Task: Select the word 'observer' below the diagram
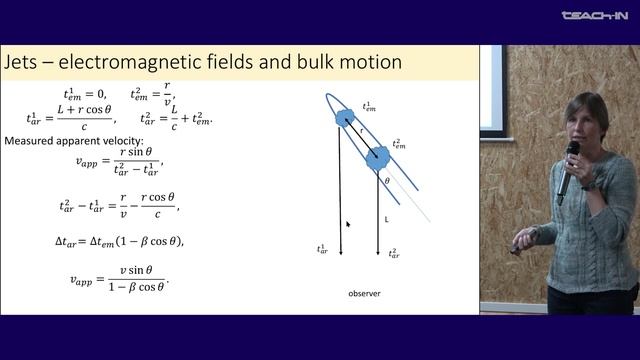pos(365,293)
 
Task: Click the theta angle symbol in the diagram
pos(387,181)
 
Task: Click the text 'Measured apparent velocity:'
pos(67,140)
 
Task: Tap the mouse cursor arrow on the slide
pos(347,224)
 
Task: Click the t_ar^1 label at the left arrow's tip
pos(322,249)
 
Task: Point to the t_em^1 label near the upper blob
pos(368,105)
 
